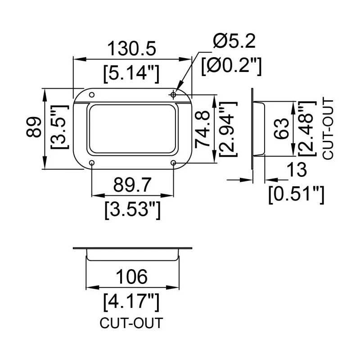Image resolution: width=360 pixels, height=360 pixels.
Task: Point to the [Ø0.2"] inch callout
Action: click(231, 66)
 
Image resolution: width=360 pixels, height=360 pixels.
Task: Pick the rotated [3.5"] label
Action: click(59, 129)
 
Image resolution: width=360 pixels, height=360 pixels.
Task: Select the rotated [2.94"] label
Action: click(228, 129)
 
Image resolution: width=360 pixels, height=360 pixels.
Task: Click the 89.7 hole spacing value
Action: click(132, 184)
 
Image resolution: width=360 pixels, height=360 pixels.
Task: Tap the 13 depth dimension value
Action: click(297, 170)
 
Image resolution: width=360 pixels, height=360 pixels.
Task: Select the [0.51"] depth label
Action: click(296, 194)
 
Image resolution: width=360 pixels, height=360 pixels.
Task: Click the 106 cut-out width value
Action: click(131, 276)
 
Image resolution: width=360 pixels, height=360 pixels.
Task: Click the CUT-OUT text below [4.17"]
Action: click(131, 323)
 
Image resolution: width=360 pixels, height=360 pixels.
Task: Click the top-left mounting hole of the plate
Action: click(92, 95)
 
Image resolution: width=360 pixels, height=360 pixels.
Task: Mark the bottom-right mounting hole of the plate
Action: click(174, 162)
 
